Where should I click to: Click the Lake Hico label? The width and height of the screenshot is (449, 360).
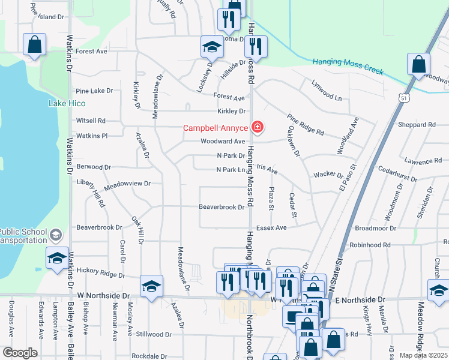[x=66, y=103]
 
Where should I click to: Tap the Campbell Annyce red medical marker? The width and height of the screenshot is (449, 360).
[x=257, y=127]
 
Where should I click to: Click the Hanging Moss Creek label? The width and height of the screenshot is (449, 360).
[x=348, y=65]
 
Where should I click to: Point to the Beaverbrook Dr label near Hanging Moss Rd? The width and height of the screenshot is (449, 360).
[x=222, y=207]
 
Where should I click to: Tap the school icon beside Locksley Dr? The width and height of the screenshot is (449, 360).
[x=211, y=46]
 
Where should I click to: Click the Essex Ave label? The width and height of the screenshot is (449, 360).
[x=271, y=227]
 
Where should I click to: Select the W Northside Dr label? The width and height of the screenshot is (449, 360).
[x=103, y=296]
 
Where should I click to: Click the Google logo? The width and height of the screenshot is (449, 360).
[x=20, y=352]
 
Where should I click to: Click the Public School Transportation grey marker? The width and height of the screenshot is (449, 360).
[x=56, y=234]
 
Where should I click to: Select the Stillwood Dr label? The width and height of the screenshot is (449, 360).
[x=154, y=334]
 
